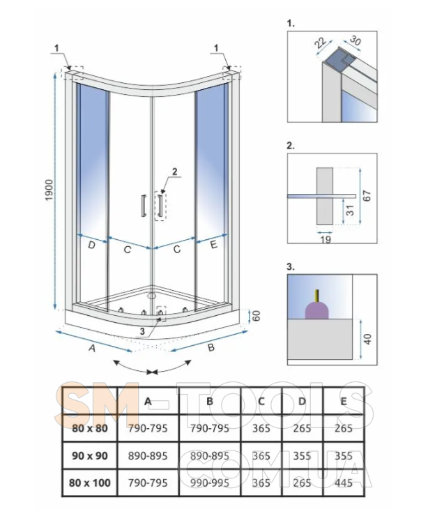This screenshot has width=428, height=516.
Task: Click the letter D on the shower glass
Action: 91,245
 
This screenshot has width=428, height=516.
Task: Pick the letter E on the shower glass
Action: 213,245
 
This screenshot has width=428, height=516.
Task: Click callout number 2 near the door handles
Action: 175,171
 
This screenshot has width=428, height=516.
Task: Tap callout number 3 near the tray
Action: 143,331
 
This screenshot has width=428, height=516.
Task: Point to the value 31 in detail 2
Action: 350,208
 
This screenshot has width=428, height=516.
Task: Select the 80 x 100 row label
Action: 90,482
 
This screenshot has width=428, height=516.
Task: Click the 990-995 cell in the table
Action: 210,482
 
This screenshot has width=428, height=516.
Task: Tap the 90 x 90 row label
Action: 90,455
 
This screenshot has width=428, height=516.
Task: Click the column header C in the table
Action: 261,402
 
